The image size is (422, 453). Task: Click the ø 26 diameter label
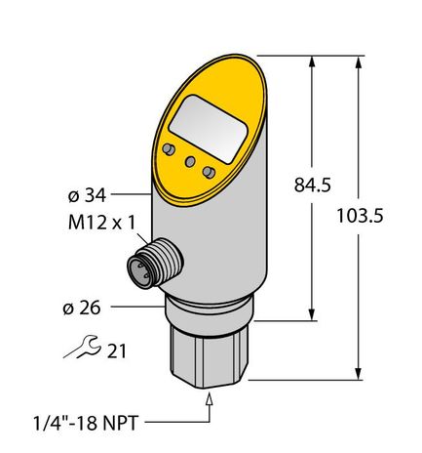tap(81, 309)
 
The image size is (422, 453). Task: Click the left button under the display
tap(170, 148)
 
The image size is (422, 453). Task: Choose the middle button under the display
tap(189, 161)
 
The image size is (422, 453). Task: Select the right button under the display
tap(209, 172)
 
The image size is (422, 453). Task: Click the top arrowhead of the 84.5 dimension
tap(312, 61)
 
